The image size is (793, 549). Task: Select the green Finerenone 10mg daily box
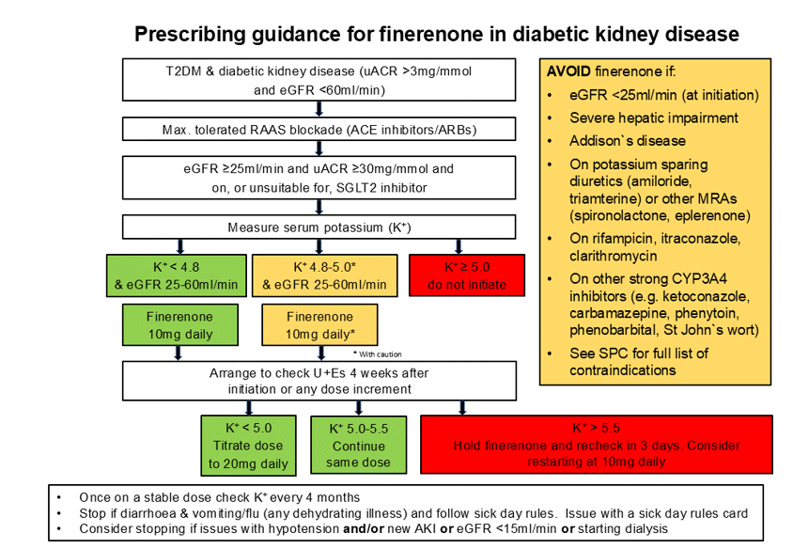click(x=178, y=325)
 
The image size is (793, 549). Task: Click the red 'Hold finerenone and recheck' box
click(x=596, y=445)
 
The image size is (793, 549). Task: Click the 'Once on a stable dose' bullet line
click(x=219, y=496)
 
